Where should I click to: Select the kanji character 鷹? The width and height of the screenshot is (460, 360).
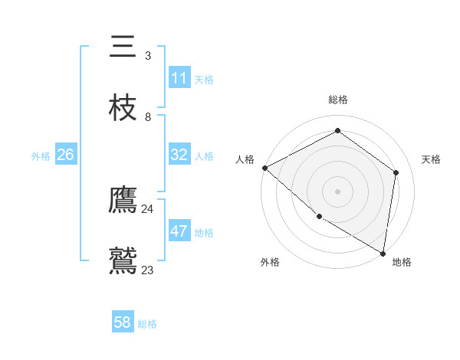(123, 201)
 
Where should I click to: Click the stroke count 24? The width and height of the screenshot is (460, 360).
(147, 208)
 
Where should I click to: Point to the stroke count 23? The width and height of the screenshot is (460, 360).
(147, 270)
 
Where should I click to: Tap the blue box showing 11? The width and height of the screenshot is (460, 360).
(179, 78)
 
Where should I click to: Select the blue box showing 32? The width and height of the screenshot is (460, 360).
(179, 155)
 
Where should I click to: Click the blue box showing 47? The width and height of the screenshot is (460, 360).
(179, 231)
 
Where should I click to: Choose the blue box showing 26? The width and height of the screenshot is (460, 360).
(65, 155)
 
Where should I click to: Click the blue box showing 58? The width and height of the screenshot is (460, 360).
(123, 322)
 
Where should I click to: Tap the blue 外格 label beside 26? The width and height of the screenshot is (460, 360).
(41, 156)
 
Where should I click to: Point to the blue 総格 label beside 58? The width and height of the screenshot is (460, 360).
(147, 324)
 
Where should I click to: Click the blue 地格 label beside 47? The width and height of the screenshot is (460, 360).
(204, 233)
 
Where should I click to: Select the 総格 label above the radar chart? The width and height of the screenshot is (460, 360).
(337, 100)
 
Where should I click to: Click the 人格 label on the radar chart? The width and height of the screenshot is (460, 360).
(245, 159)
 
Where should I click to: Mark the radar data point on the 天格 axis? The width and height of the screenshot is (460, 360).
(396, 172)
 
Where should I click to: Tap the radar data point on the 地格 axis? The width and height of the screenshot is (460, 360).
(383, 253)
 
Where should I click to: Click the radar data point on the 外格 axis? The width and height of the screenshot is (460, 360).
(319, 216)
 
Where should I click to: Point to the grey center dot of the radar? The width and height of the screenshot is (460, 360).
(337, 191)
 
